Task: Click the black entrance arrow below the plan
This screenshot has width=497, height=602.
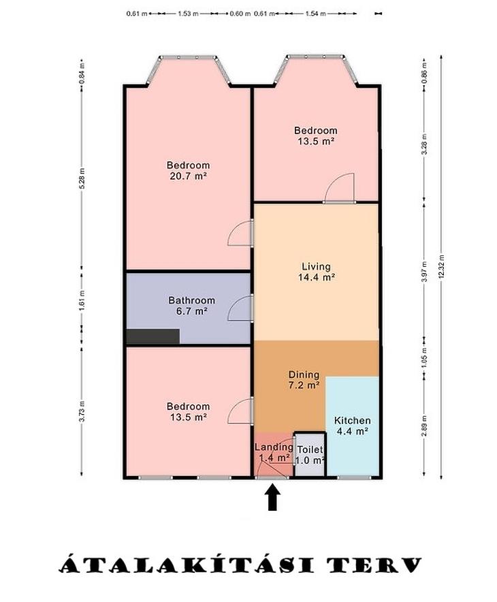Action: click(x=272, y=497)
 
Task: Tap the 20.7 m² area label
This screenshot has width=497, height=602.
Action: click(x=189, y=176)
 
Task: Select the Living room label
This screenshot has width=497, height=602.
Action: click(x=316, y=266)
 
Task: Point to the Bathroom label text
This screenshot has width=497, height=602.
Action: click(x=191, y=300)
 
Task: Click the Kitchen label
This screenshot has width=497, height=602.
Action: click(x=352, y=420)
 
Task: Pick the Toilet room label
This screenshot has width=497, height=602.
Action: click(x=310, y=449)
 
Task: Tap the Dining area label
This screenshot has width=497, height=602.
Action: click(x=304, y=375)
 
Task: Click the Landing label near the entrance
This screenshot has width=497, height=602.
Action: click(x=274, y=447)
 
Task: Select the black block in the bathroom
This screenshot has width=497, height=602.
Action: click(x=153, y=336)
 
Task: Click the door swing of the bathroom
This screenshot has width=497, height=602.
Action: click(x=240, y=308)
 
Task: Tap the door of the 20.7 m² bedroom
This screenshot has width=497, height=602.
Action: click(x=240, y=233)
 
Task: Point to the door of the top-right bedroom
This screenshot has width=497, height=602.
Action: click(x=339, y=188)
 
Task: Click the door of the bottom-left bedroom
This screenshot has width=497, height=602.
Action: click(x=240, y=411)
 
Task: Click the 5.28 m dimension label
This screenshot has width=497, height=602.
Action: click(x=82, y=178)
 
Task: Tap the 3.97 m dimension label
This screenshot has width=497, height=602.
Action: click(x=424, y=272)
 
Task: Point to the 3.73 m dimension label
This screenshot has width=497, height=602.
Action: click(x=82, y=411)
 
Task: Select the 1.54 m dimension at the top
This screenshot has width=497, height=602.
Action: click(x=315, y=14)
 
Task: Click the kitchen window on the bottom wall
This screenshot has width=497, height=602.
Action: click(x=354, y=477)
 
